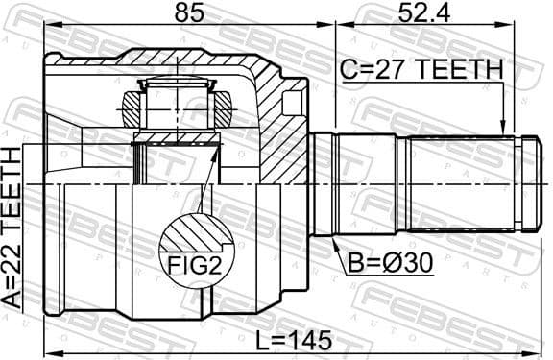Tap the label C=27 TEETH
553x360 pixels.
coord(421,69)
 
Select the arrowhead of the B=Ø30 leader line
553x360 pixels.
coord(334,241)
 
